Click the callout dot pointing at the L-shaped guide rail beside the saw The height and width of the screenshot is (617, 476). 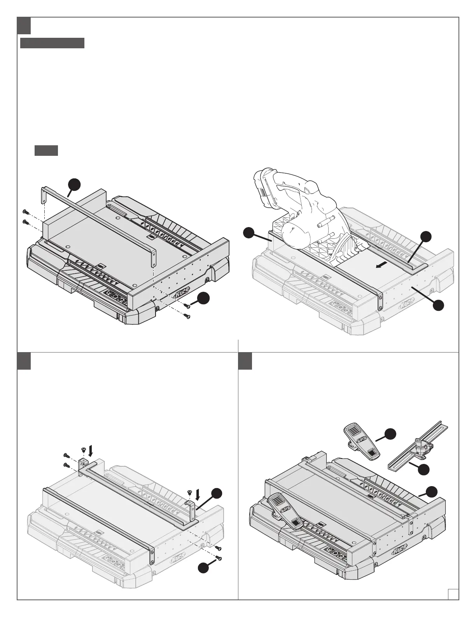click(x=427, y=236)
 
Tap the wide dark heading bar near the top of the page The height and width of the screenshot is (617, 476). click(x=52, y=43)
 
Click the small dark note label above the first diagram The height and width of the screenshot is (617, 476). click(x=46, y=150)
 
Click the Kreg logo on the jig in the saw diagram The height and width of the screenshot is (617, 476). click(x=407, y=303)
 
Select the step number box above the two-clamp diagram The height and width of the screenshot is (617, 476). click(x=245, y=361)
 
